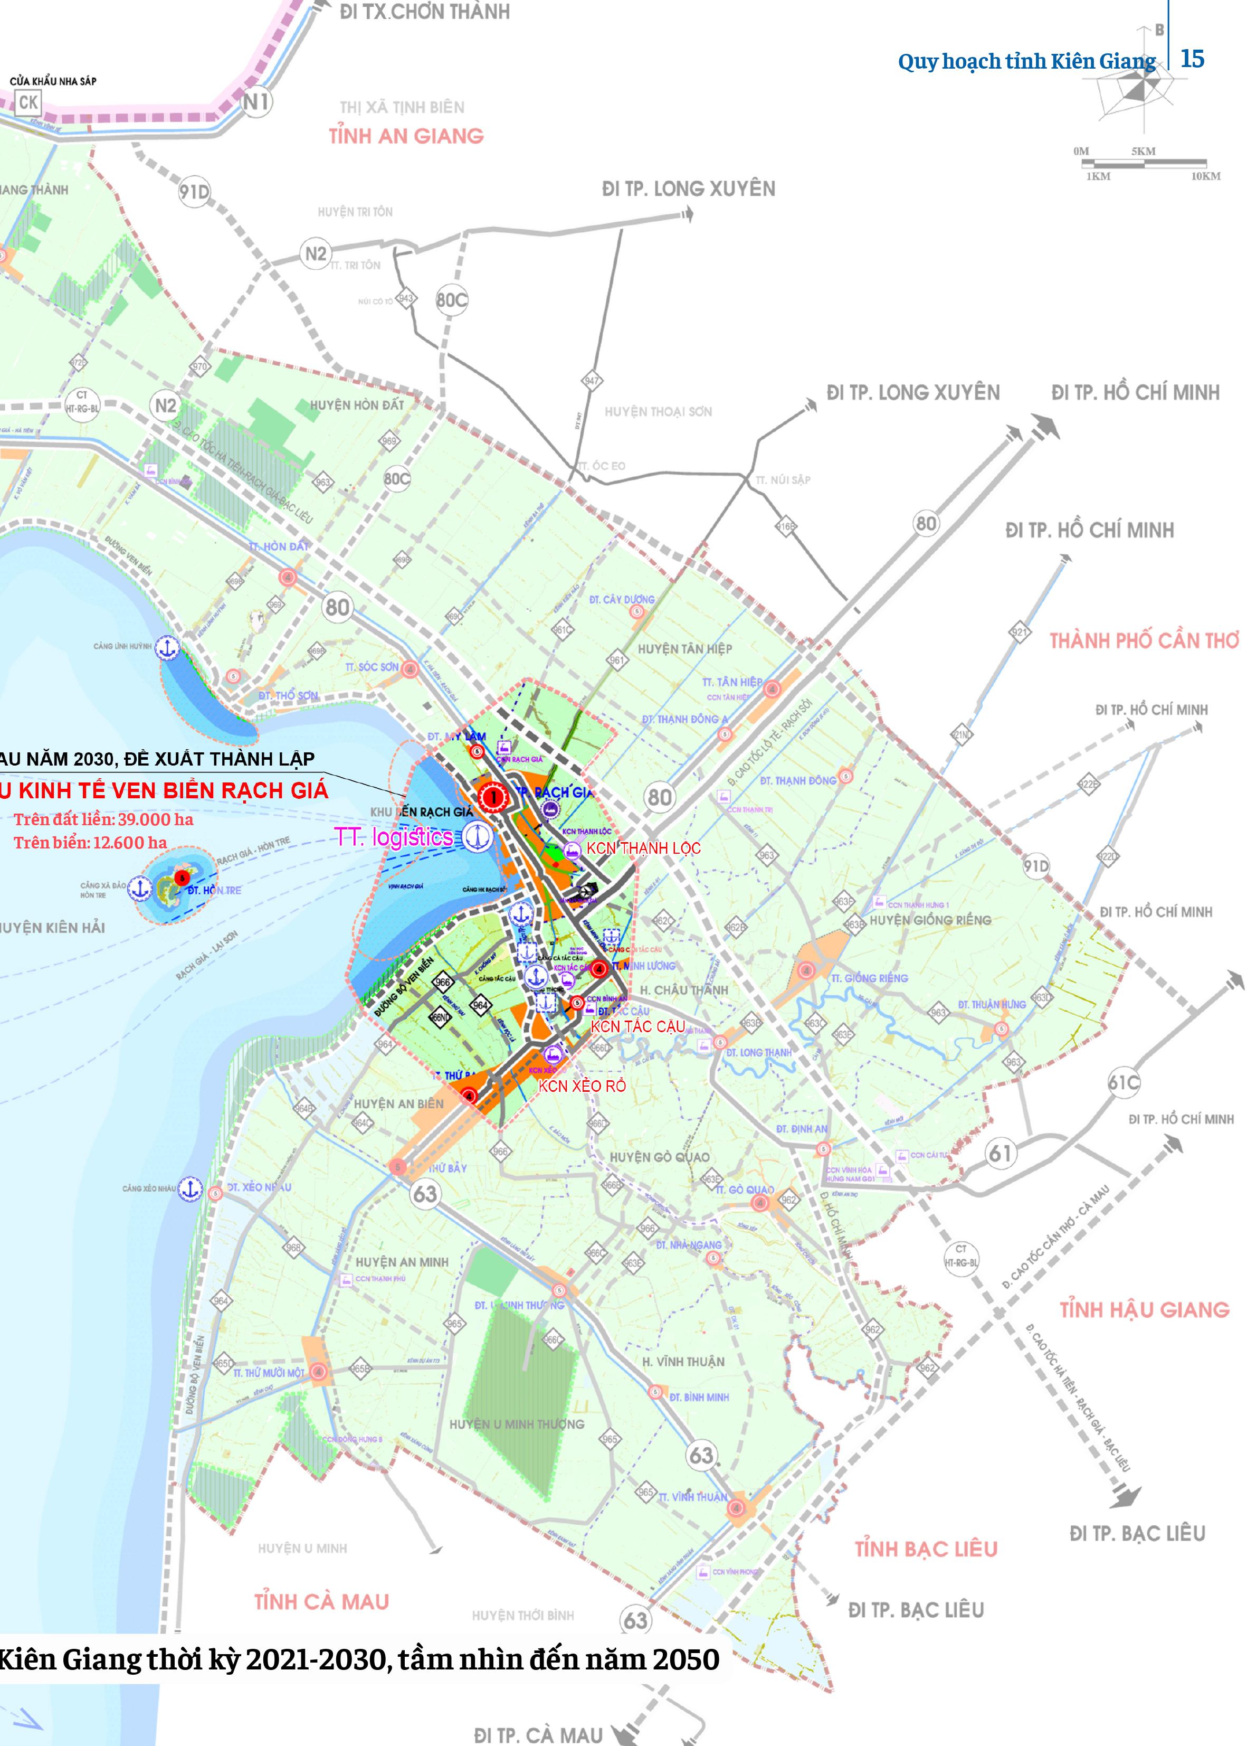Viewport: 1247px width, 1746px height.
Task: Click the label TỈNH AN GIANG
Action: (406, 137)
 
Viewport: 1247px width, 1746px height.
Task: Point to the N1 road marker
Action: (256, 101)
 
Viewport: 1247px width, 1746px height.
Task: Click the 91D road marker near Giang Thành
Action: (194, 191)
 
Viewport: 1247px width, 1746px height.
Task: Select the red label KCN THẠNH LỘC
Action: (643, 848)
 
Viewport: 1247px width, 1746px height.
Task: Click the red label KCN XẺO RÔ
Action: (582, 1086)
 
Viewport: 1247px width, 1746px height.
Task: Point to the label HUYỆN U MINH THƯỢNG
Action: (517, 1424)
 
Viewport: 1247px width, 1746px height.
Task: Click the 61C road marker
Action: (1124, 1082)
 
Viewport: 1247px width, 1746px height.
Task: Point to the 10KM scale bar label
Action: (1205, 177)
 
